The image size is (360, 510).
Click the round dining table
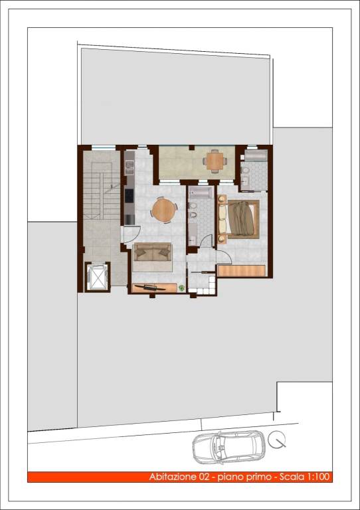pyautogui.click(x=164, y=211)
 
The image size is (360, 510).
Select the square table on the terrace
pyautogui.click(x=215, y=161)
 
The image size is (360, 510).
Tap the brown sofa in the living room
pyautogui.click(x=153, y=252)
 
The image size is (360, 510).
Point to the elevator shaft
pyautogui.click(x=98, y=276)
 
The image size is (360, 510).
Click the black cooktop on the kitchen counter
pyautogui.click(x=129, y=195)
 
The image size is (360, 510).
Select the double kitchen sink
pyautogui.click(x=130, y=167)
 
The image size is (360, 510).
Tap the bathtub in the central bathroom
pyautogui.click(x=201, y=193)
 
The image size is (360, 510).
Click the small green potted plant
pyautogui.click(x=181, y=288)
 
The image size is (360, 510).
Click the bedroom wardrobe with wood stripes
pyautogui.click(x=241, y=271)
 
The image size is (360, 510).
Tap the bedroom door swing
pyautogui.click(x=224, y=256)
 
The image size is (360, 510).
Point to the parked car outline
pyautogui.click(x=228, y=448)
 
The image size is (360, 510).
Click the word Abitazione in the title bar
pyautogui.click(x=172, y=477)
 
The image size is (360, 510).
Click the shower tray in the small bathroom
pyautogui.click(x=256, y=155)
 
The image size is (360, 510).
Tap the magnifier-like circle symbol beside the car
pyautogui.click(x=277, y=439)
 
